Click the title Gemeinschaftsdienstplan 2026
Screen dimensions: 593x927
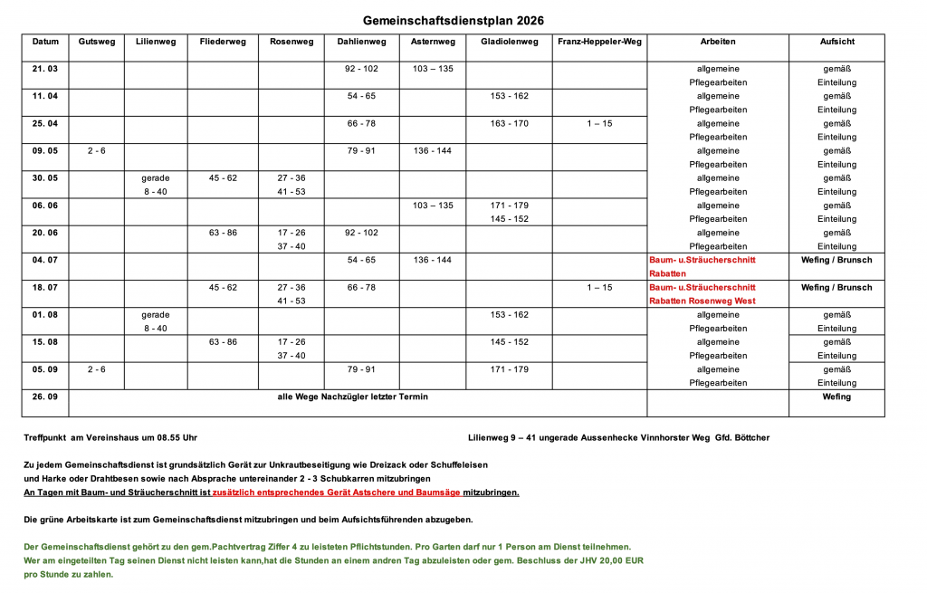coord(454,20)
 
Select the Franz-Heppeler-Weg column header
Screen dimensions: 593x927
coord(598,42)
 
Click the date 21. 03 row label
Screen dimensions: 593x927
coord(45,69)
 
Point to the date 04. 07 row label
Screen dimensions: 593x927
coord(45,260)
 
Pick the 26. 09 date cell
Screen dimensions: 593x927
coord(45,397)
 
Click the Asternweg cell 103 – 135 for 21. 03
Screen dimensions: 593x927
coord(433,69)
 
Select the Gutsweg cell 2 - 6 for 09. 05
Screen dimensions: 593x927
coord(97,150)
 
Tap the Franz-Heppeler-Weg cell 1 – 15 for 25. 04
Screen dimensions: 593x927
coord(599,123)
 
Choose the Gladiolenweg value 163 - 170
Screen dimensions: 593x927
coord(510,123)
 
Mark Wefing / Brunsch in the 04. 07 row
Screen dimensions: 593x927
coord(836,260)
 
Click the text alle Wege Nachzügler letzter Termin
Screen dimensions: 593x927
coord(353,397)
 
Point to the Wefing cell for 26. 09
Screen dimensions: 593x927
coord(836,397)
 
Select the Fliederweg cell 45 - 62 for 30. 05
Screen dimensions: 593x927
coord(223,178)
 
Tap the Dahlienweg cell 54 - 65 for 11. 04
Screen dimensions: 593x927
coord(361,96)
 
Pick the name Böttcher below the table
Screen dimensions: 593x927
coord(750,437)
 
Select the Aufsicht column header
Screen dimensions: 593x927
coord(836,42)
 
